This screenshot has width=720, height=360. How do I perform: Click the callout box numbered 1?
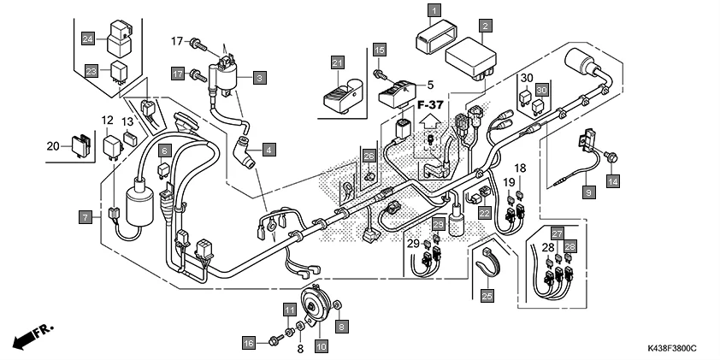(434, 11)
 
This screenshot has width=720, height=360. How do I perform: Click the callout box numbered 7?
(86, 218)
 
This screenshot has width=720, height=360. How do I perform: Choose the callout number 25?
(487, 297)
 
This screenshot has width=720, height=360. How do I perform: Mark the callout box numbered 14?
(612, 180)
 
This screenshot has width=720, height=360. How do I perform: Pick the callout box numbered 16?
(248, 343)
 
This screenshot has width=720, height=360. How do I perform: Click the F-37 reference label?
(434, 104)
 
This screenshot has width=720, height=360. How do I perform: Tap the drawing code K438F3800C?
(671, 350)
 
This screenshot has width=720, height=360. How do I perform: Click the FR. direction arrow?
(30, 334)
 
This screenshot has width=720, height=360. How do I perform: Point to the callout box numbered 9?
(588, 193)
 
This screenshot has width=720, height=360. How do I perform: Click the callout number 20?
(52, 145)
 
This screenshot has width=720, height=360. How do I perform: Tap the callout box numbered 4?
(269, 150)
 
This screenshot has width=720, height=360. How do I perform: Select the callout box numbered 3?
(261, 77)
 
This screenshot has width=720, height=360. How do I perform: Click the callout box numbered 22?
(484, 213)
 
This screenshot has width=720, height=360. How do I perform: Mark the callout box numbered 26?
(369, 156)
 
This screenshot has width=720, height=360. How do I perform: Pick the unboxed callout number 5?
(431, 86)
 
